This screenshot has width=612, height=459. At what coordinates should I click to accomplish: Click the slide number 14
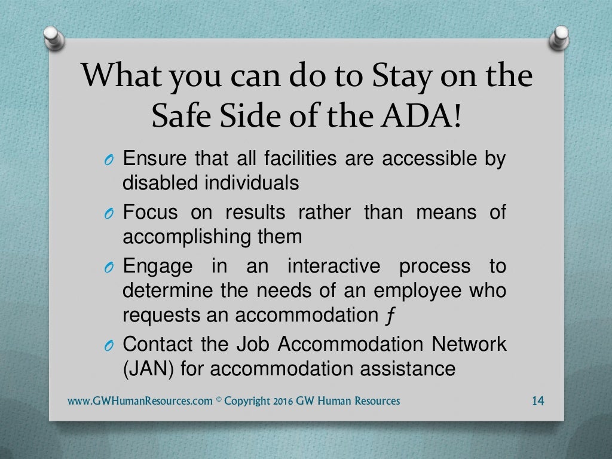click(x=537, y=401)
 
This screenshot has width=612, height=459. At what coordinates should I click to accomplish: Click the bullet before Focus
click(x=108, y=214)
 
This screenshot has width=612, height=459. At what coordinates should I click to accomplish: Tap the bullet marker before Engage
click(x=108, y=267)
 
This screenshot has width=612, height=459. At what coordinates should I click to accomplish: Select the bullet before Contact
click(x=108, y=345)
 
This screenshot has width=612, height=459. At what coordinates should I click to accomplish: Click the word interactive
click(x=333, y=265)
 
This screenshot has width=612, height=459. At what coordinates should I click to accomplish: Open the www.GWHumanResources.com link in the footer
click(x=140, y=401)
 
